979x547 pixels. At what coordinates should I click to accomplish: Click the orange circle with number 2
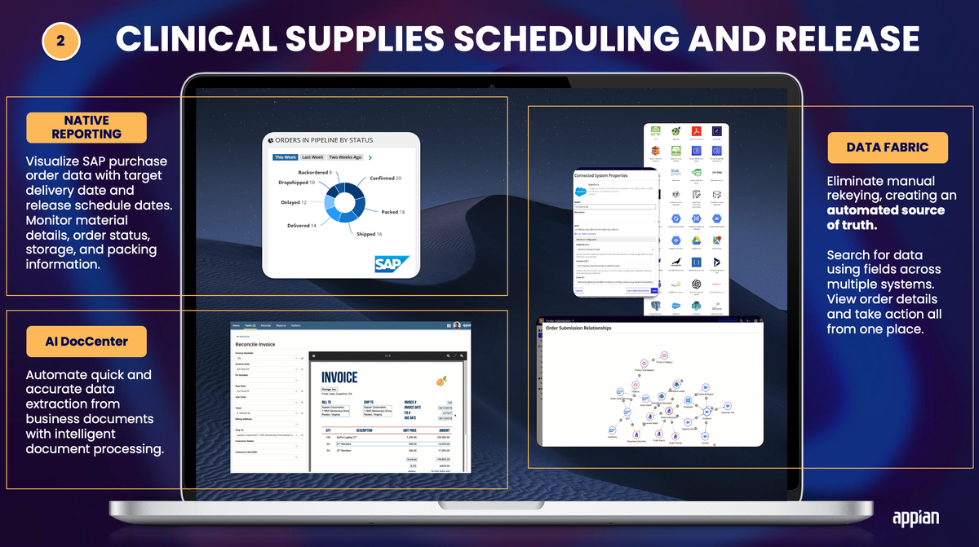coord(61,40)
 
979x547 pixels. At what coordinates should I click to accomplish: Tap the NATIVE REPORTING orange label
coord(86,127)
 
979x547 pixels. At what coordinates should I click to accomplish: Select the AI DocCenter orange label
coord(86,342)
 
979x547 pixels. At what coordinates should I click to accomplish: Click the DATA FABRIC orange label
coord(888,148)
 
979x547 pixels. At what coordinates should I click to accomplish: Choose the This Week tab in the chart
coord(286,157)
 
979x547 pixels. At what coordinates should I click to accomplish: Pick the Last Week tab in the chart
coord(312,157)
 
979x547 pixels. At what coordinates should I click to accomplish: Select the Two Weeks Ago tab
coord(346,157)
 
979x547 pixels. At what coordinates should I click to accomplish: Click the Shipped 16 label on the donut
coord(369,234)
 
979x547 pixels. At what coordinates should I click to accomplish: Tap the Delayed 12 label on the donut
coord(292,202)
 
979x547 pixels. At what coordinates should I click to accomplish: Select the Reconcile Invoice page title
coord(255,345)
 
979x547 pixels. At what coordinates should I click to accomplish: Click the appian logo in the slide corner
coord(915,517)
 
